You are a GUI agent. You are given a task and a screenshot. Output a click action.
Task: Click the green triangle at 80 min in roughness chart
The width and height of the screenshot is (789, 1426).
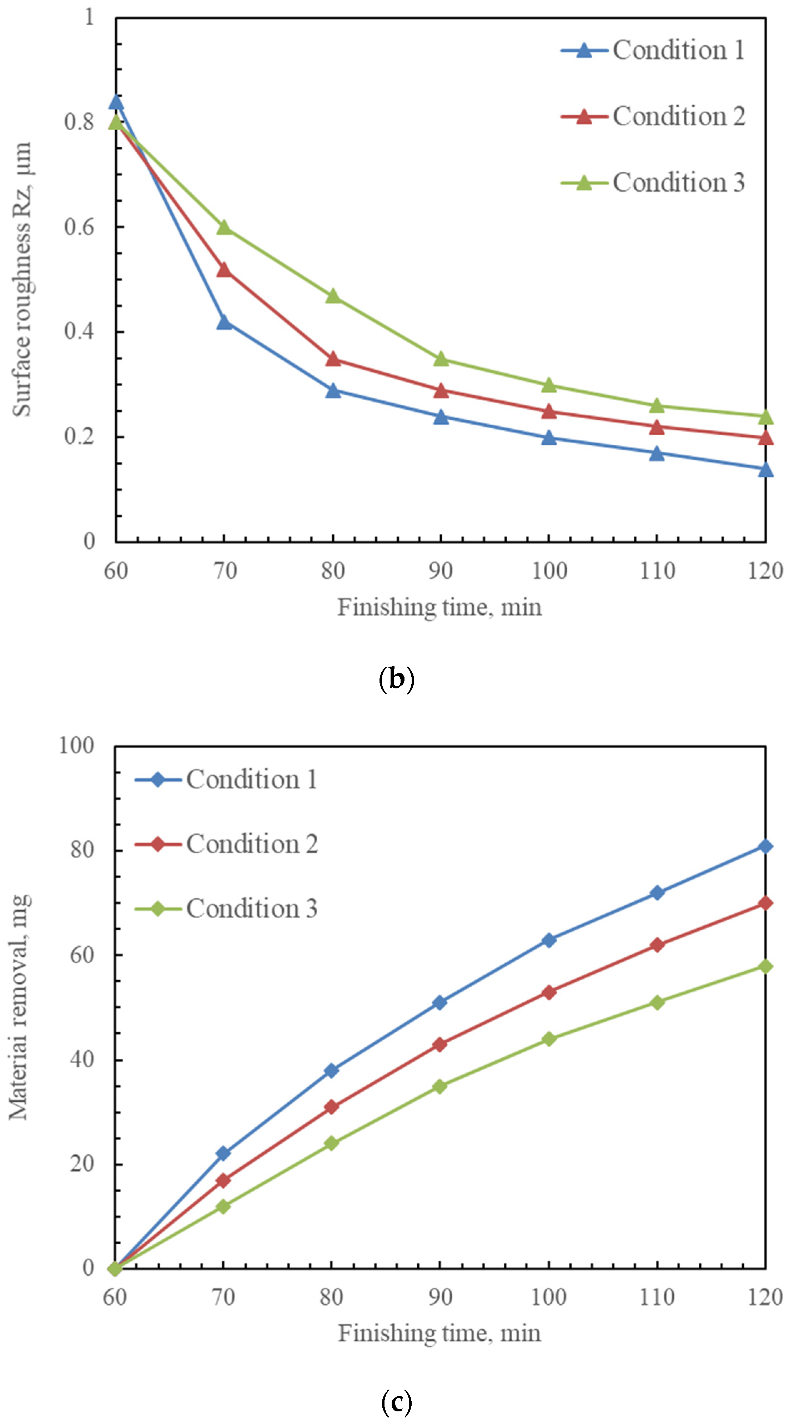click(333, 297)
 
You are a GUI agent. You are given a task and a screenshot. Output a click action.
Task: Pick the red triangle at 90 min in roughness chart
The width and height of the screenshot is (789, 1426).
click(441, 391)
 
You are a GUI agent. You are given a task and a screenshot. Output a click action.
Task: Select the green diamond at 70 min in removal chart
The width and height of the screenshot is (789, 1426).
click(223, 1206)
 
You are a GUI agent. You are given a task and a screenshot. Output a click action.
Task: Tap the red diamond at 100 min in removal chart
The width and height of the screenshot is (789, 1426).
click(549, 992)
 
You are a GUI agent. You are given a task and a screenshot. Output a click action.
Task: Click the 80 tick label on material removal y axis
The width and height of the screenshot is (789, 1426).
click(82, 850)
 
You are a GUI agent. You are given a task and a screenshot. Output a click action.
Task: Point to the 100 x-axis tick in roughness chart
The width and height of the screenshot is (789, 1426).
click(549, 571)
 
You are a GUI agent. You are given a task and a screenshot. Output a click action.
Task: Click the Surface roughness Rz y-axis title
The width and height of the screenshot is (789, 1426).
click(22, 279)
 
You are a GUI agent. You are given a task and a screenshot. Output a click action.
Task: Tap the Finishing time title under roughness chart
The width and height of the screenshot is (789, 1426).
click(439, 607)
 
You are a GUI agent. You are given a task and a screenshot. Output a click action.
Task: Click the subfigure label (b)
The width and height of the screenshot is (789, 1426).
click(396, 679)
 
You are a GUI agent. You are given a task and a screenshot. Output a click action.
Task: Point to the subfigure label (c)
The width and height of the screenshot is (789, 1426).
click(396, 1402)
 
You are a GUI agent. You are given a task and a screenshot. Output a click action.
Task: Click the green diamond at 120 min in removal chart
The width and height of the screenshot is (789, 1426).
click(765, 966)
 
